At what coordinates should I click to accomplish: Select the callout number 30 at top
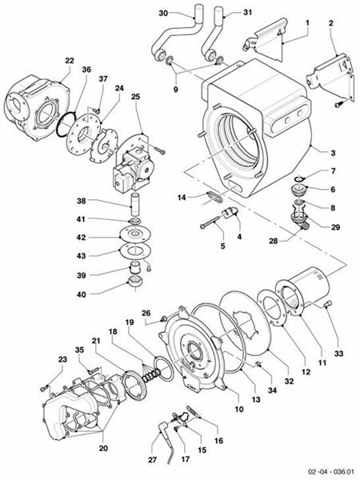point(163,14)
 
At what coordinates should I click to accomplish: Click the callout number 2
point(330,25)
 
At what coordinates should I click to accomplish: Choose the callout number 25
point(135,98)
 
